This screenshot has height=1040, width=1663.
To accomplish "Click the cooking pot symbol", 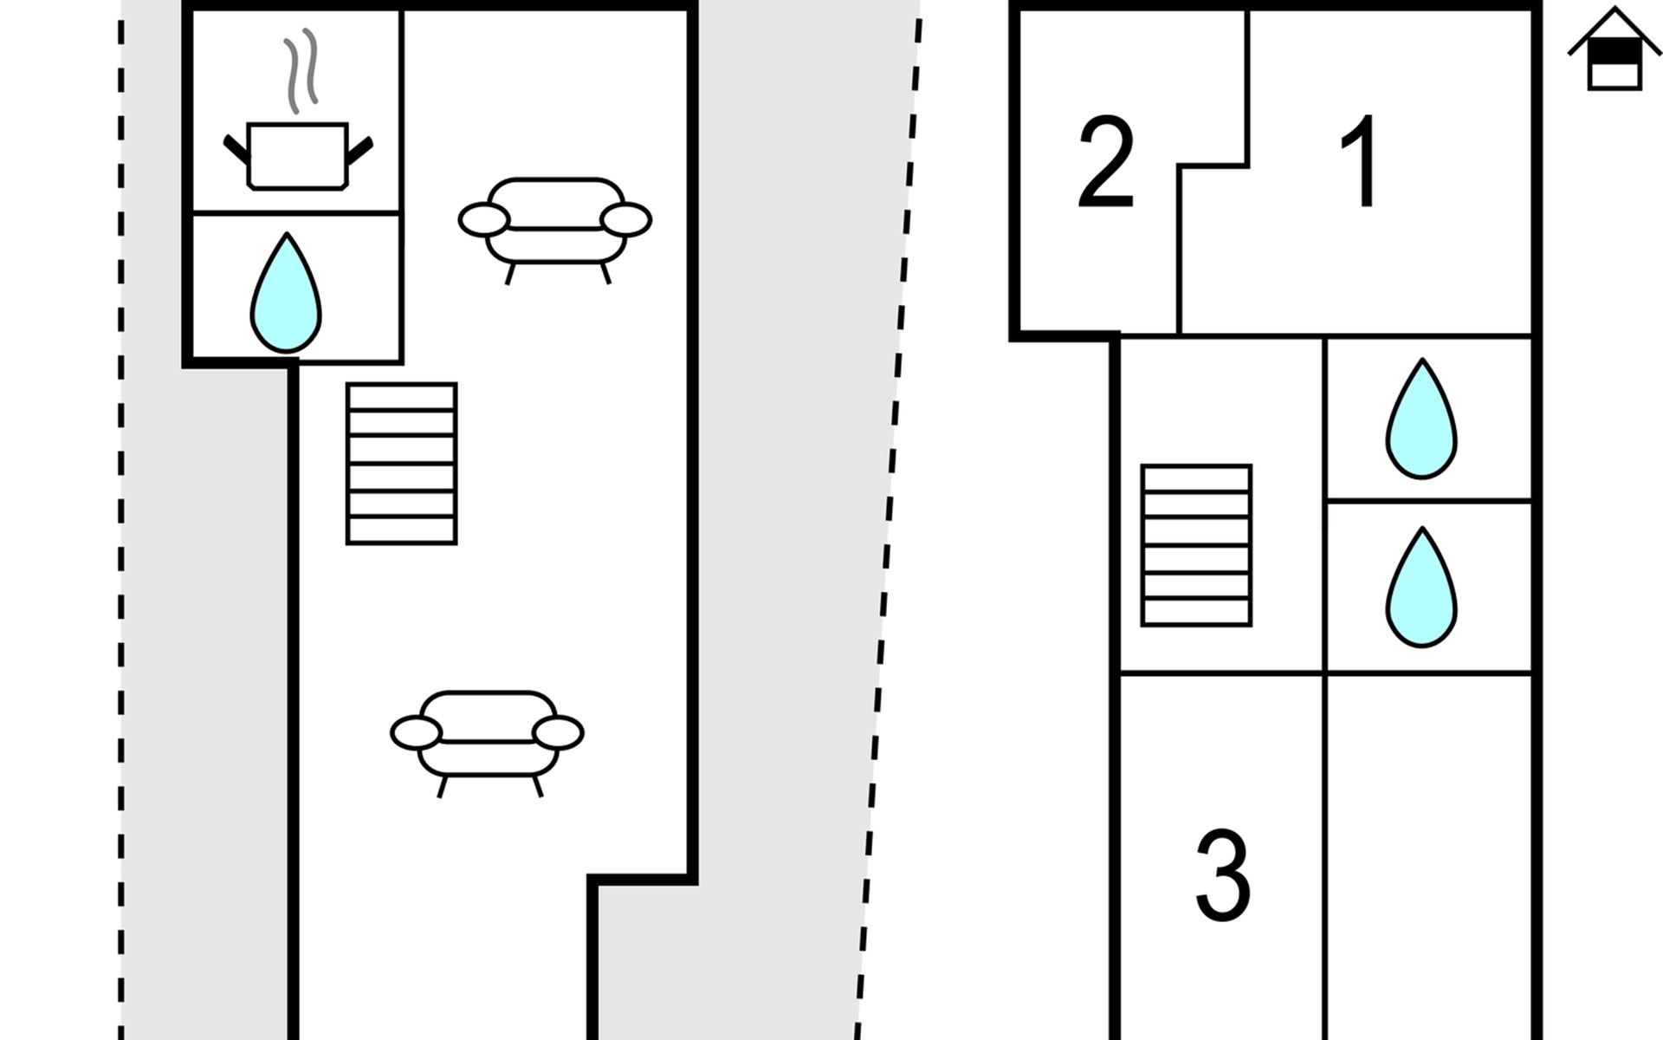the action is pos(298,156).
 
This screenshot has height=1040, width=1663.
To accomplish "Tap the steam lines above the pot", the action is pos(301,71).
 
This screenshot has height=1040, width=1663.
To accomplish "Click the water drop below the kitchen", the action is pos(286,293).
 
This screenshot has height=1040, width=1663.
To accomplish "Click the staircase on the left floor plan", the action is pos(402,464).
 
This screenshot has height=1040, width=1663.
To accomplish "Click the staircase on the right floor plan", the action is pos(1196,545).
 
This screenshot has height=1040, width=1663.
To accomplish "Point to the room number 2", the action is pos(1106,161).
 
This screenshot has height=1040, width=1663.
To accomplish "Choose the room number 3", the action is pos(1223,875).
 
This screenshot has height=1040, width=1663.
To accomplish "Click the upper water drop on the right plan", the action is pos(1421,419).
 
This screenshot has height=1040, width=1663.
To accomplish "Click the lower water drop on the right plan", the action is pos(1421,587).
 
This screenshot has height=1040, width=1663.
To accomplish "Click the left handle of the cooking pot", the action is pos(236,149).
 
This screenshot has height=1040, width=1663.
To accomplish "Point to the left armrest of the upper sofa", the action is pos(483,219).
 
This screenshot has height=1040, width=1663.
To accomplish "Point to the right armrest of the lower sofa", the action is pos(559,733).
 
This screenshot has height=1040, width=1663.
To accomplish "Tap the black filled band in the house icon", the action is pos(1614,51).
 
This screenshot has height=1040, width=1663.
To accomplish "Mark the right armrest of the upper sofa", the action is pos(626,219).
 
